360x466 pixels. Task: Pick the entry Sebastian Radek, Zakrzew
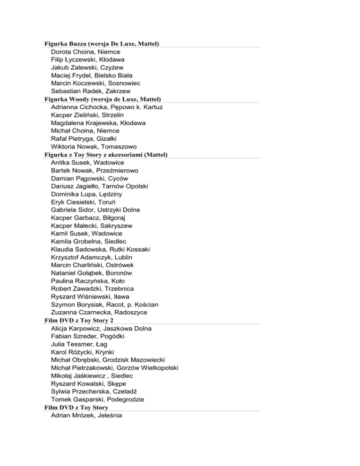91,91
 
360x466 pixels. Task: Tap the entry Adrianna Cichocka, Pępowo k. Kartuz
107,107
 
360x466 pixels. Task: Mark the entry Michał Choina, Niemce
85,131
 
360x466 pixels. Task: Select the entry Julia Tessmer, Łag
79,344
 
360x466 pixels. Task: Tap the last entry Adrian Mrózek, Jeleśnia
87,415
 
